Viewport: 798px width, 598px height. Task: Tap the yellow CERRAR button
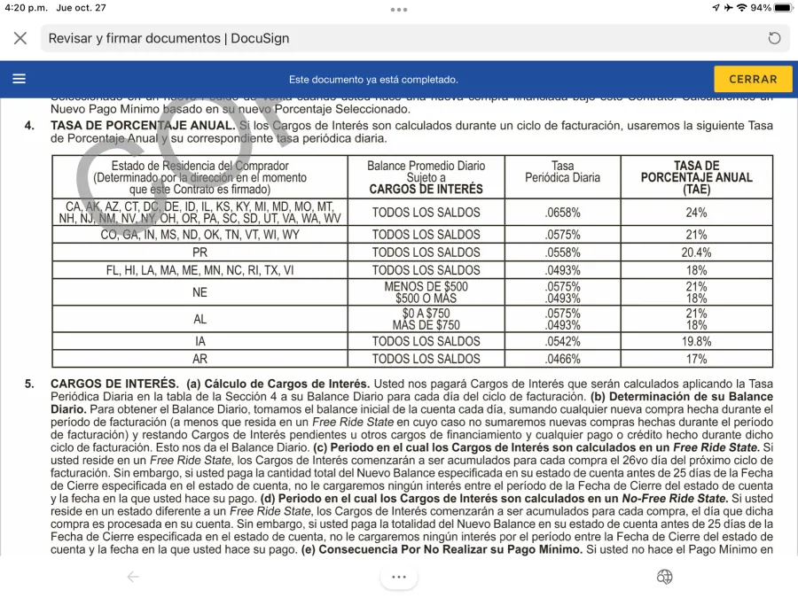[753, 79]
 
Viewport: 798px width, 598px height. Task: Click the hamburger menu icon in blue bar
[20, 79]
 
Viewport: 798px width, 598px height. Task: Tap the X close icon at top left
[20, 38]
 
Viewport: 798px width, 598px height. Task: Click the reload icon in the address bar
[774, 38]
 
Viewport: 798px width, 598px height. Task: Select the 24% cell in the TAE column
[696, 213]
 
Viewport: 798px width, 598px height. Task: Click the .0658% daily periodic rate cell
[562, 213]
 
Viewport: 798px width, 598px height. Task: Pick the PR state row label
[199, 252]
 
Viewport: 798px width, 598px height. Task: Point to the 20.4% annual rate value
[696, 252]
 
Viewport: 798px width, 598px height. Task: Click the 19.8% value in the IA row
[696, 341]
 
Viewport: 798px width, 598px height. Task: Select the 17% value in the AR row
[696, 359]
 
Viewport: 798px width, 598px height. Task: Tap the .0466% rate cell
[562, 359]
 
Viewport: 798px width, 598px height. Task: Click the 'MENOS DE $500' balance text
[426, 287]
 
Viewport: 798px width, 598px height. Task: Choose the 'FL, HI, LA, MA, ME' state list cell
[199, 270]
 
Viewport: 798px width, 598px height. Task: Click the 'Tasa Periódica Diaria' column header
[562, 172]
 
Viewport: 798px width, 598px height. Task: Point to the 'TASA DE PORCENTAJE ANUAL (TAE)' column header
[696, 177]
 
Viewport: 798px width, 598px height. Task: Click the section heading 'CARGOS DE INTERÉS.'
[114, 384]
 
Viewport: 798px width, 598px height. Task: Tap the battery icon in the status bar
[783, 8]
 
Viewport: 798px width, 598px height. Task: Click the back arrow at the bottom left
[133, 577]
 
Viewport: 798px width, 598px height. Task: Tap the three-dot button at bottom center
[399, 577]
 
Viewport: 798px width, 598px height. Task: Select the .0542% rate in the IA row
[562, 341]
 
